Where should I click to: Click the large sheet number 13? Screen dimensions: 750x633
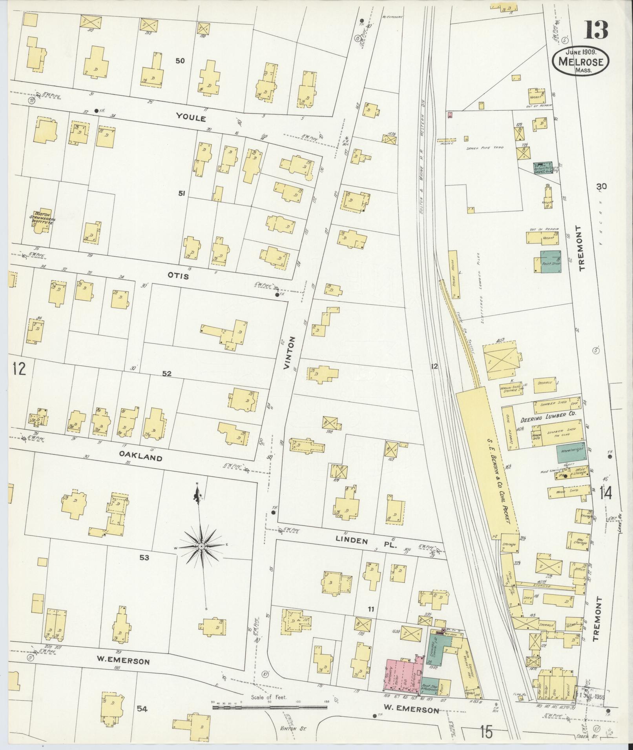pos(597,30)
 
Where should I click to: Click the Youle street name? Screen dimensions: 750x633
pos(191,117)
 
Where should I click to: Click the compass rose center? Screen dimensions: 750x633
pos(201,546)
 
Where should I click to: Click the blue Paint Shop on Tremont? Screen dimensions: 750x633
pos(551,262)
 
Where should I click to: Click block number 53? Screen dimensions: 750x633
pos(144,558)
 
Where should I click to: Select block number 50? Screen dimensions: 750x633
pos(180,61)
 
